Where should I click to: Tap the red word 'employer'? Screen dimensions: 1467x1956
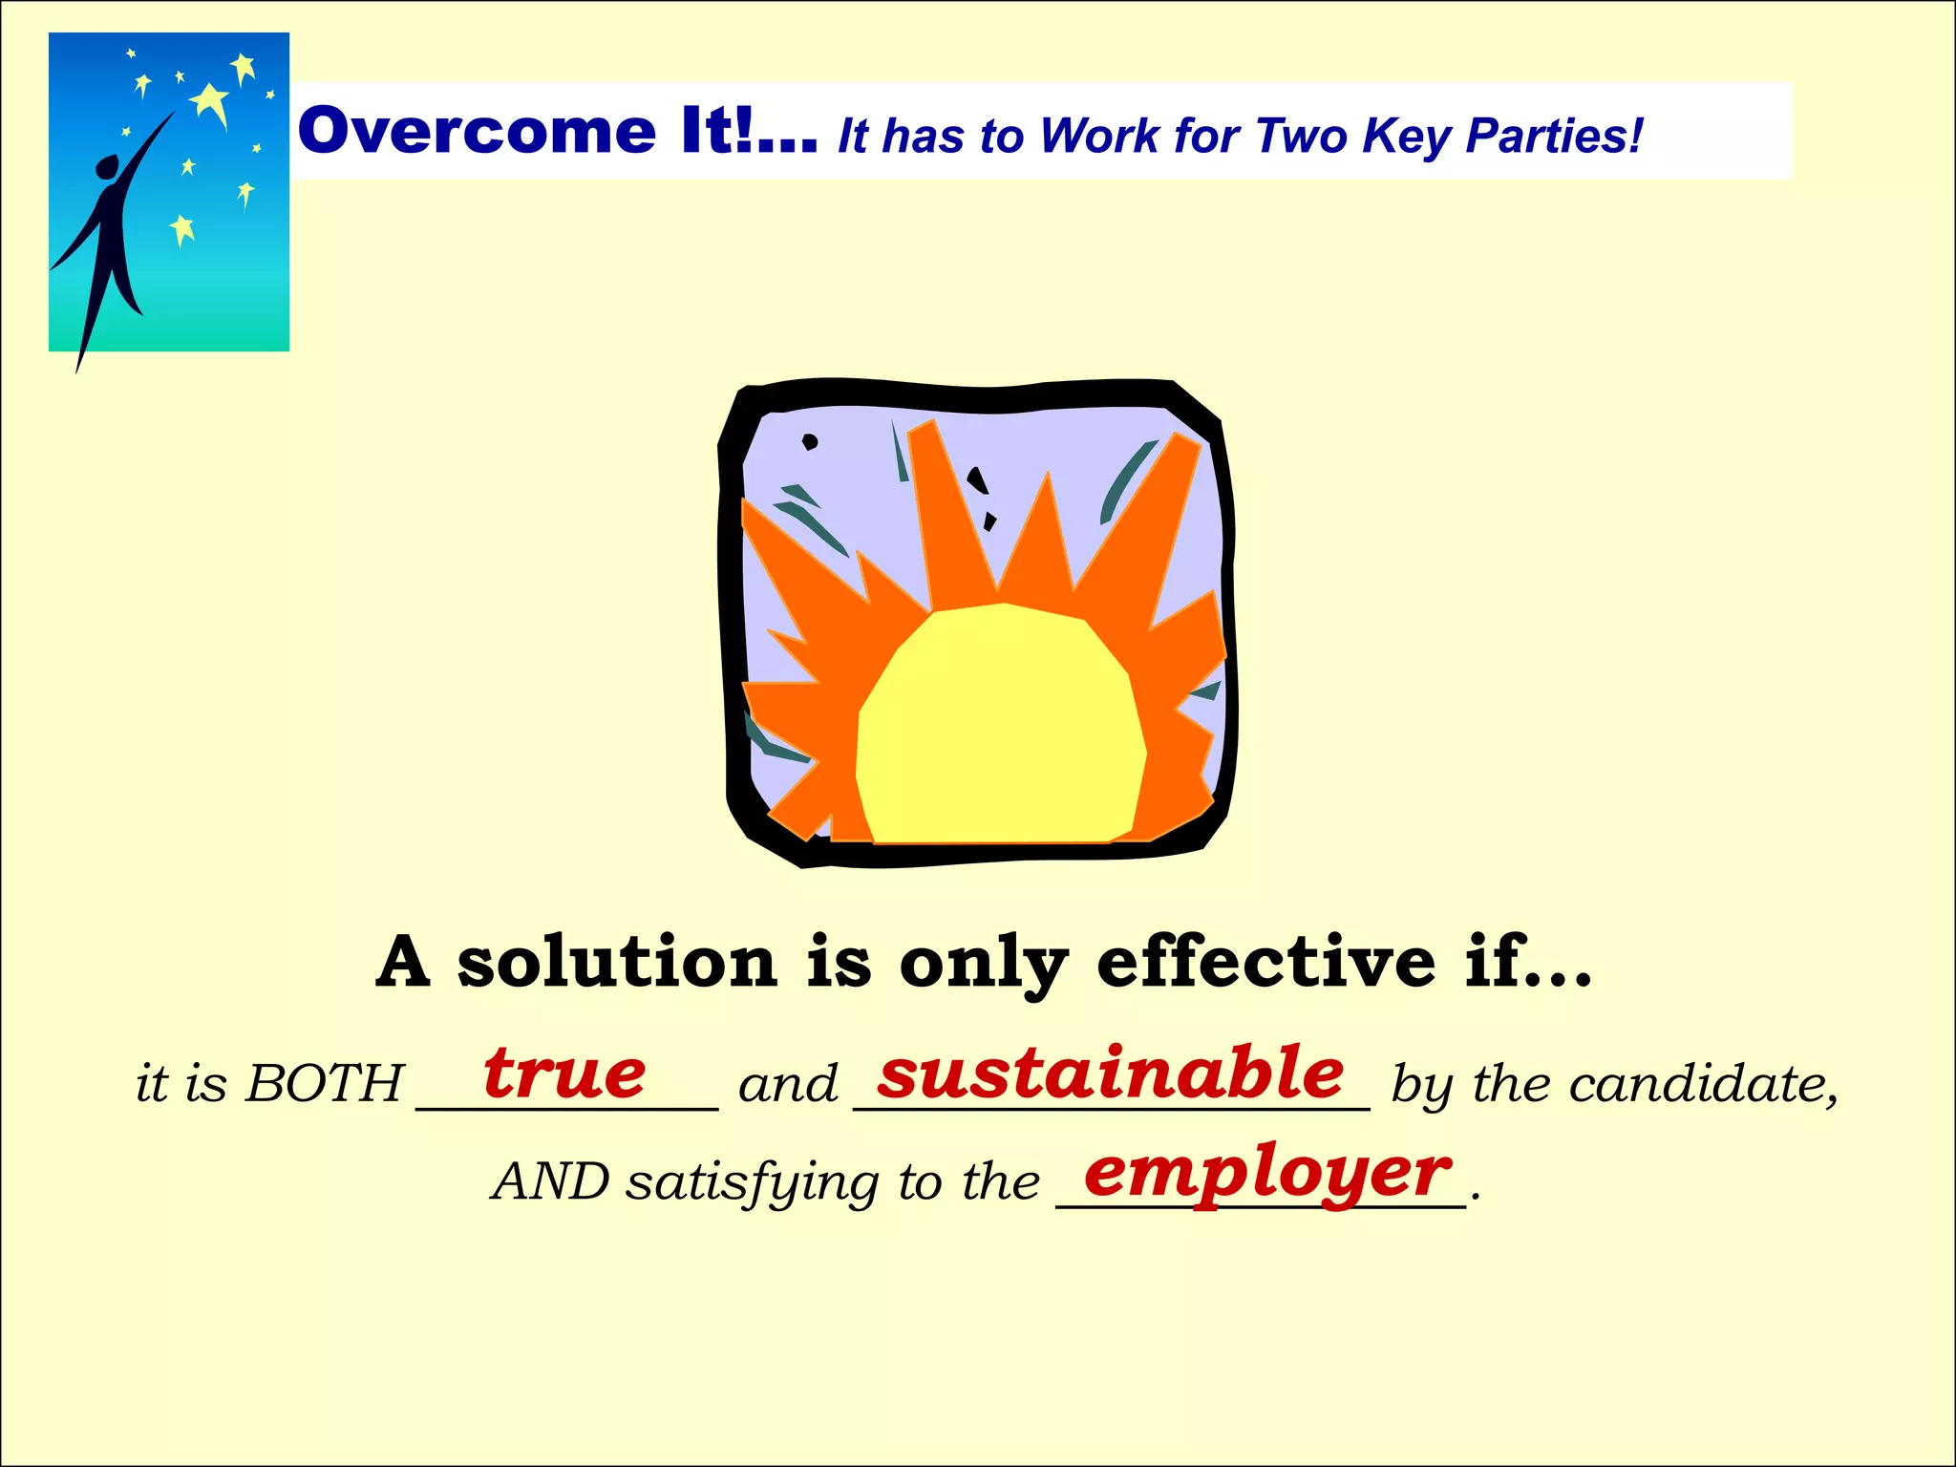tap(1267, 1174)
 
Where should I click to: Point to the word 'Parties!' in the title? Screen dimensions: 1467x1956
tap(1554, 136)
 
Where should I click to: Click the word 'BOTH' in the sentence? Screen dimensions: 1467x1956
tap(325, 1085)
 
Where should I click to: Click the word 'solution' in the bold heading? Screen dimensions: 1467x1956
tap(617, 962)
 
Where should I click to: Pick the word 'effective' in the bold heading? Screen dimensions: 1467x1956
tap(1265, 962)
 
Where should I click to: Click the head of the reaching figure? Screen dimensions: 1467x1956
tap(108, 167)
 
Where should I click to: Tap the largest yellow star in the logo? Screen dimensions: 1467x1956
tap(210, 101)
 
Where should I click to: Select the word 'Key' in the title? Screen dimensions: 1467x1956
tap(1407, 136)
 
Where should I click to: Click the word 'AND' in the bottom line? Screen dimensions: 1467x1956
tap(550, 1182)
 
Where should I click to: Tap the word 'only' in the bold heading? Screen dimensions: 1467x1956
tap(983, 964)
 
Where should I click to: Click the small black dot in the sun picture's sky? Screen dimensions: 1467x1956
tap(810, 441)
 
